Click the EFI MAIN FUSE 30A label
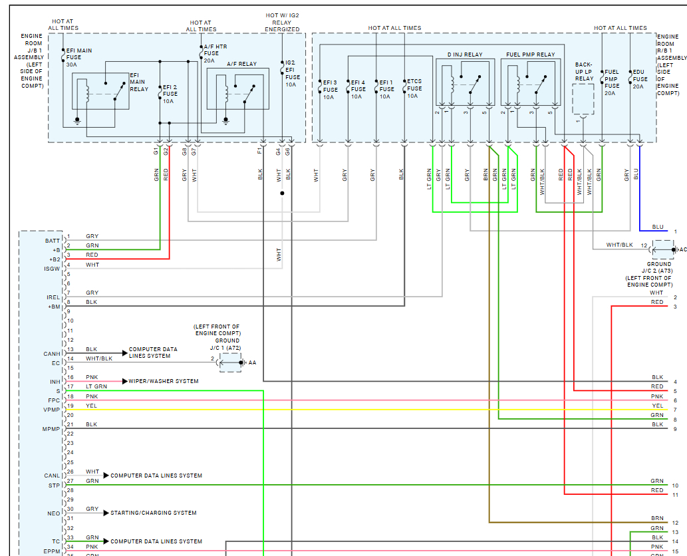78,57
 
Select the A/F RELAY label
241,65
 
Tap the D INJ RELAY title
465,55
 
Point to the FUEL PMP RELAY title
530,55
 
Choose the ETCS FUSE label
414,88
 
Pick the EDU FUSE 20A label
639,78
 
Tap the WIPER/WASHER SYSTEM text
163,381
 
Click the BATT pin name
53,241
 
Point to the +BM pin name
54,307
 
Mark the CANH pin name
53,354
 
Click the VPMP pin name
53,410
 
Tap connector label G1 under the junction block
156,152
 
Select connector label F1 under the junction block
259,152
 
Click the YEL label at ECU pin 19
91,405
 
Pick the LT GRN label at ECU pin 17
96,386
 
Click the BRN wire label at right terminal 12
657,517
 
